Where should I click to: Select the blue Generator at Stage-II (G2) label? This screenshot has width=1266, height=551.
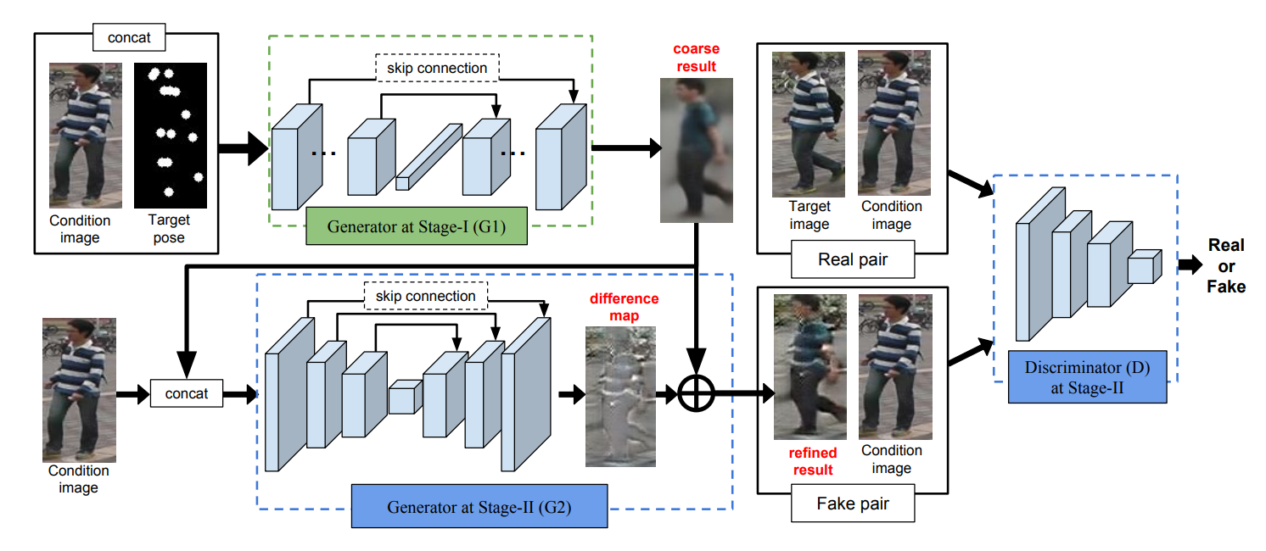479,508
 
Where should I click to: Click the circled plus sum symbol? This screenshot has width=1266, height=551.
696,393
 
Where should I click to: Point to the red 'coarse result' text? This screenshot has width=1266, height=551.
696,58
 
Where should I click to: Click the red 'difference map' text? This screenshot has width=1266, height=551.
624,307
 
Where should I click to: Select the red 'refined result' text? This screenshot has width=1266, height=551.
812,461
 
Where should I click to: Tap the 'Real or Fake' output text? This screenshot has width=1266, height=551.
1226,265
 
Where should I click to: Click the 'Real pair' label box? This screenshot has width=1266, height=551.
852,259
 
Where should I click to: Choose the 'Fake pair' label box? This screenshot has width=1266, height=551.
852,504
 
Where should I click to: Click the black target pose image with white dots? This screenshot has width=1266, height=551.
170,135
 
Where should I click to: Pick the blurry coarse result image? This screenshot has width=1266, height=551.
695,149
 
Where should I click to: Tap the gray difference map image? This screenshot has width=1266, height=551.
620,397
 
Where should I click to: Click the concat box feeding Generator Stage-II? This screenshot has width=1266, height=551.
187,393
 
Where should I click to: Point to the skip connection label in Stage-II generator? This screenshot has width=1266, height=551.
425,296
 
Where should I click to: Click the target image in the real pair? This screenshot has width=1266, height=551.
808,124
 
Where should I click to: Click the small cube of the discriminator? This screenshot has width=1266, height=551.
1143,267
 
